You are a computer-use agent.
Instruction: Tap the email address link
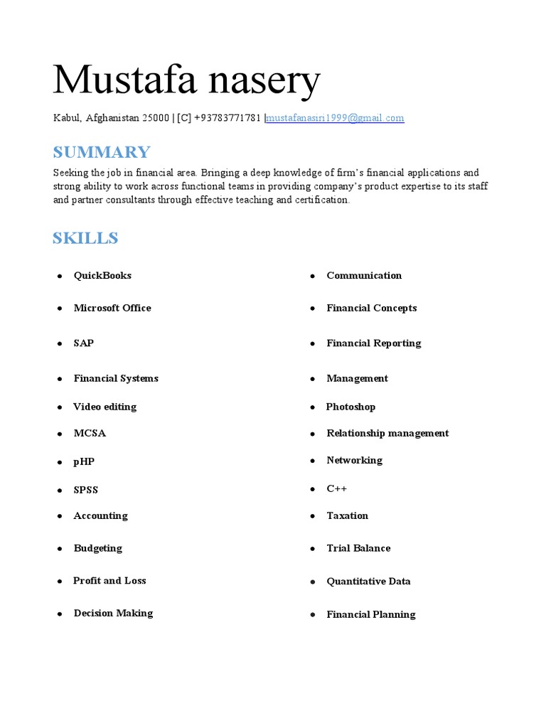[x=335, y=118]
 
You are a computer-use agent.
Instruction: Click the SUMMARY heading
[x=102, y=152]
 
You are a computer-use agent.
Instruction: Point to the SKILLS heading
[x=85, y=238]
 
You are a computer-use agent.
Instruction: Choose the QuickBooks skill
[x=102, y=276]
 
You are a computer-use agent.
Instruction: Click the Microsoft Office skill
[x=112, y=308]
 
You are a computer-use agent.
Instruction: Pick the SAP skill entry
[x=84, y=343]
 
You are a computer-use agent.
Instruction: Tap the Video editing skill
[x=105, y=407]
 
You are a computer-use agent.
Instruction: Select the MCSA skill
[x=90, y=433]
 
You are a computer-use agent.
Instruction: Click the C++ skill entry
[x=336, y=488]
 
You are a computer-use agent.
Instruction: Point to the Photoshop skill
[x=350, y=407]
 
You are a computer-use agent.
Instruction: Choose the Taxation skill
[x=347, y=515]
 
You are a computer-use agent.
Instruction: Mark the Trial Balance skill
[x=358, y=548]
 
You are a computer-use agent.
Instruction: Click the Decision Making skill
[x=113, y=613]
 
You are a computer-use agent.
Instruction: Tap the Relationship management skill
[x=387, y=433]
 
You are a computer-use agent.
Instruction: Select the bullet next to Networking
[x=313, y=461]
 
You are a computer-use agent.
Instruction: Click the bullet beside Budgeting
[x=60, y=550]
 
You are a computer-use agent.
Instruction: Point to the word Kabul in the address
[x=67, y=118]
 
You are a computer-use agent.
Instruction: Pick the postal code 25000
[x=156, y=118]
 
